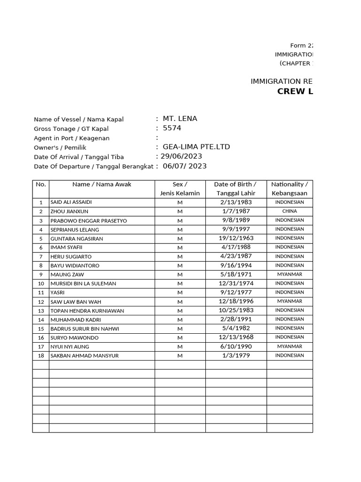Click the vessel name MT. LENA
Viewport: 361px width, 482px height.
[180, 119]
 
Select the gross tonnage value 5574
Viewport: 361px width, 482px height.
[172, 128]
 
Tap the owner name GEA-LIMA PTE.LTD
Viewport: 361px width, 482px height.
[196, 147]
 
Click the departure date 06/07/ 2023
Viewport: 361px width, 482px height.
[184, 166]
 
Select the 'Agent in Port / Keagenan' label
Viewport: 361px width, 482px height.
[71, 138]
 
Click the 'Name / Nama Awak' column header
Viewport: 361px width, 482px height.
[102, 185]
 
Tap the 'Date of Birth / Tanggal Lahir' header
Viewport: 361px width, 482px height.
[235, 189]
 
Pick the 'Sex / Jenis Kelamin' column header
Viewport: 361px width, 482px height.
[180, 189]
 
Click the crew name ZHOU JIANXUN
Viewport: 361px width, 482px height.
[69, 212]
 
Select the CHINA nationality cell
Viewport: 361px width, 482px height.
[290, 211]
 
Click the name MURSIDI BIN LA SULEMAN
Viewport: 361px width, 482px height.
[83, 284]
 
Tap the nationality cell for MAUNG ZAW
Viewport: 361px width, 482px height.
[290, 274]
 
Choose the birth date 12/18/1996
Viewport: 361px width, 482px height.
[235, 301]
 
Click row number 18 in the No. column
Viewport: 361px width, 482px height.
[41, 356]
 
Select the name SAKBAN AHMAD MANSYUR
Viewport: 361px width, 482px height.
[84, 356]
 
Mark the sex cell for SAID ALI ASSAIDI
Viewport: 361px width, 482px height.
[180, 202]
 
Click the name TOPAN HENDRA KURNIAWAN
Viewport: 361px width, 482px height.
[87, 311]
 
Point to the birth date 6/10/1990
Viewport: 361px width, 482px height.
[235, 346]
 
